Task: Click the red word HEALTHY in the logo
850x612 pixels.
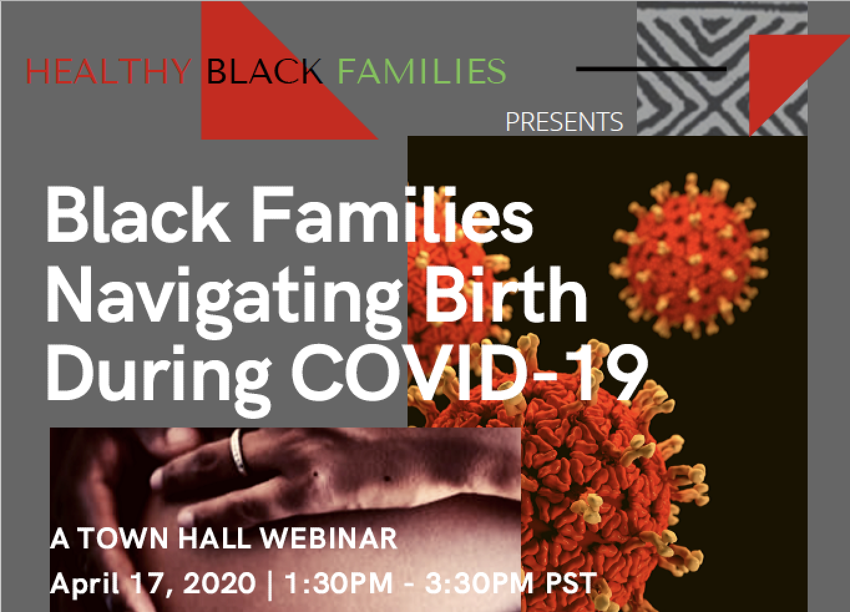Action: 108,71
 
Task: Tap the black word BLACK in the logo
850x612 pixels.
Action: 264,71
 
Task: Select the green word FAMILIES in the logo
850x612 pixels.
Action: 422,71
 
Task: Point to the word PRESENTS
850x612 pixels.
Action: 564,122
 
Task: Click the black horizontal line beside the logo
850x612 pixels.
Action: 651,69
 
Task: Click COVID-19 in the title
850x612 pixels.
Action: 469,374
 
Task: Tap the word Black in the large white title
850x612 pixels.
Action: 138,214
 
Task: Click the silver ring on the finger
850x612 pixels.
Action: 238,451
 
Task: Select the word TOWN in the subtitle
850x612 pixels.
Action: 124,538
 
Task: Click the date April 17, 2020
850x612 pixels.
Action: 153,583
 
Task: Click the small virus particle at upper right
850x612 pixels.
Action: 689,255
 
